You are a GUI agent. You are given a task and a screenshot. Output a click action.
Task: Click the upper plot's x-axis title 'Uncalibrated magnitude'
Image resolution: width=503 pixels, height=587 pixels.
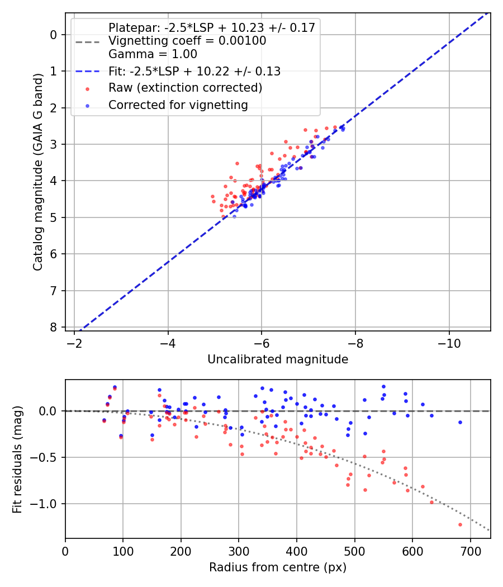click(278, 359)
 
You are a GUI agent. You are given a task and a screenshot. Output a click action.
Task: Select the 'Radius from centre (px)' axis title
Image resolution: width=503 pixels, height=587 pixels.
click(278, 567)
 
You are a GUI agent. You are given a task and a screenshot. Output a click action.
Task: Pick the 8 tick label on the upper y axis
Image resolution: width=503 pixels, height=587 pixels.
click(54, 327)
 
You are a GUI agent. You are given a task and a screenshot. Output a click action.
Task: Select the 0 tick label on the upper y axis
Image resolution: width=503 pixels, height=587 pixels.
click(54, 35)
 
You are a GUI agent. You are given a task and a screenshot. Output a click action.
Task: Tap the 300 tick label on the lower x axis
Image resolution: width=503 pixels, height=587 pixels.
click(239, 550)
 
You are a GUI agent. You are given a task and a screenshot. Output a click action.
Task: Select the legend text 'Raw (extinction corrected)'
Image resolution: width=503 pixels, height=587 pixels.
click(185, 88)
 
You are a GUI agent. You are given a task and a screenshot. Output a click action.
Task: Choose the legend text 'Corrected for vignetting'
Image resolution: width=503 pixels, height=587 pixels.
click(178, 105)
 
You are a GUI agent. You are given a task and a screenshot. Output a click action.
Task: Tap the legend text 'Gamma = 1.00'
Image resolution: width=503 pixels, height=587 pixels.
click(153, 54)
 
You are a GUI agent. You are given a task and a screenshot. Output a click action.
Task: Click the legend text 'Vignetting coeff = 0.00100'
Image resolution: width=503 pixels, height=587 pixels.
click(187, 41)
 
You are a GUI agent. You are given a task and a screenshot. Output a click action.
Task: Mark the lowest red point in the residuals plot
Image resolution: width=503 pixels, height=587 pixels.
click(460, 524)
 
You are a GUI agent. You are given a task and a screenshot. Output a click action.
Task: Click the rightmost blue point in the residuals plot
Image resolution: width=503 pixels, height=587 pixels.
click(460, 422)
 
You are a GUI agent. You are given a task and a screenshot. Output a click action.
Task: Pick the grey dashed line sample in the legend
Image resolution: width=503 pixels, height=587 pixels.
click(87, 41)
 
